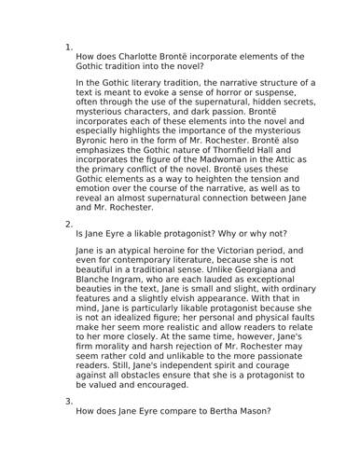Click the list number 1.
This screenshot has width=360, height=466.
[x=69, y=47]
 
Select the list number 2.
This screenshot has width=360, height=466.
[x=69, y=224]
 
